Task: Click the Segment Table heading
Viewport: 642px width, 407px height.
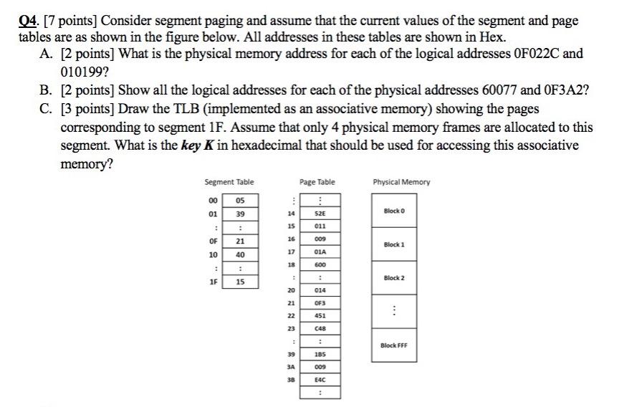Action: pyautogui.click(x=229, y=182)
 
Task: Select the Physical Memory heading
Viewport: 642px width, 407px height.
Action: pyautogui.click(x=401, y=182)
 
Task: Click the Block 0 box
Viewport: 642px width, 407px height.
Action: pyautogui.click(x=394, y=211)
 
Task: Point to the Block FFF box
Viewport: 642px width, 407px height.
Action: pyautogui.click(x=394, y=346)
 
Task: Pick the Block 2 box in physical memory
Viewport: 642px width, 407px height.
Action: pyautogui.click(x=394, y=278)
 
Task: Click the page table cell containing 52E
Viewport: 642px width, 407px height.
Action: pyautogui.click(x=321, y=214)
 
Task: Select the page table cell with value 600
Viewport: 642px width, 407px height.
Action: pyautogui.click(x=321, y=264)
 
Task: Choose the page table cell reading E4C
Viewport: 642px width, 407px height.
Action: pyautogui.click(x=321, y=380)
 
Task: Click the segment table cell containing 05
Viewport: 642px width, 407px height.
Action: pyautogui.click(x=241, y=201)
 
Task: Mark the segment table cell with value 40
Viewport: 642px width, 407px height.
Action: pyautogui.click(x=241, y=254)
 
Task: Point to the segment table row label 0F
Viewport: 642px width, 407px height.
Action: pyautogui.click(x=211, y=241)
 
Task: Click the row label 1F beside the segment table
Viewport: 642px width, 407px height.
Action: pyautogui.click(x=211, y=282)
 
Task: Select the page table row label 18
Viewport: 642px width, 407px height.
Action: pyautogui.click(x=291, y=264)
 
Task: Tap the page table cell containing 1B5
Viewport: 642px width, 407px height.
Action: pyautogui.click(x=321, y=355)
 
